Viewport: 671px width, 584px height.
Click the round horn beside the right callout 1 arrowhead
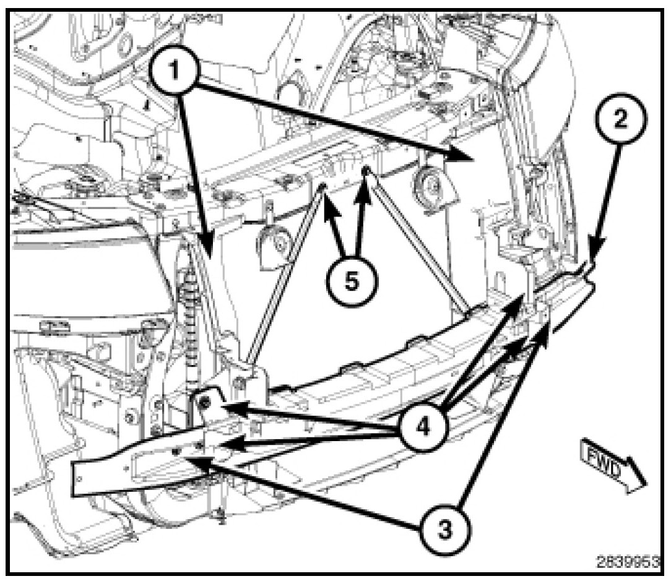(428, 184)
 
